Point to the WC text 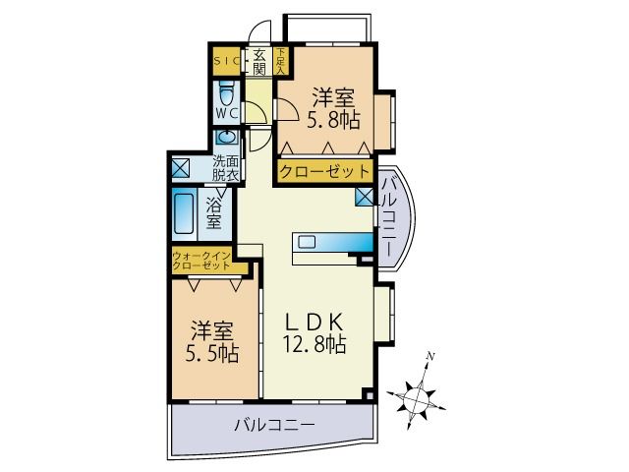(x=227, y=114)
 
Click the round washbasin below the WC (x=226, y=139)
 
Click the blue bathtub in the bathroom (x=184, y=212)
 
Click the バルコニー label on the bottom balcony (x=274, y=426)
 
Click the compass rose (x=419, y=395)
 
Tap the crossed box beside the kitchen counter (x=365, y=197)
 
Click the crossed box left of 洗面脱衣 (x=182, y=167)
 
